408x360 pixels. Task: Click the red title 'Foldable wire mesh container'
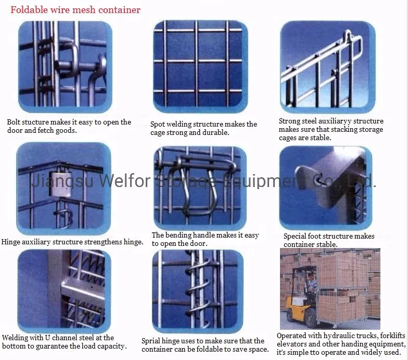(76, 9)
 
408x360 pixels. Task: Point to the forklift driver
(311, 283)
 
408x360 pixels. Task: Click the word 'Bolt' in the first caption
(14, 122)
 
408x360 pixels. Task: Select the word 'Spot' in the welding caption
(158, 125)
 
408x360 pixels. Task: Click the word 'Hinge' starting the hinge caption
(11, 242)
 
